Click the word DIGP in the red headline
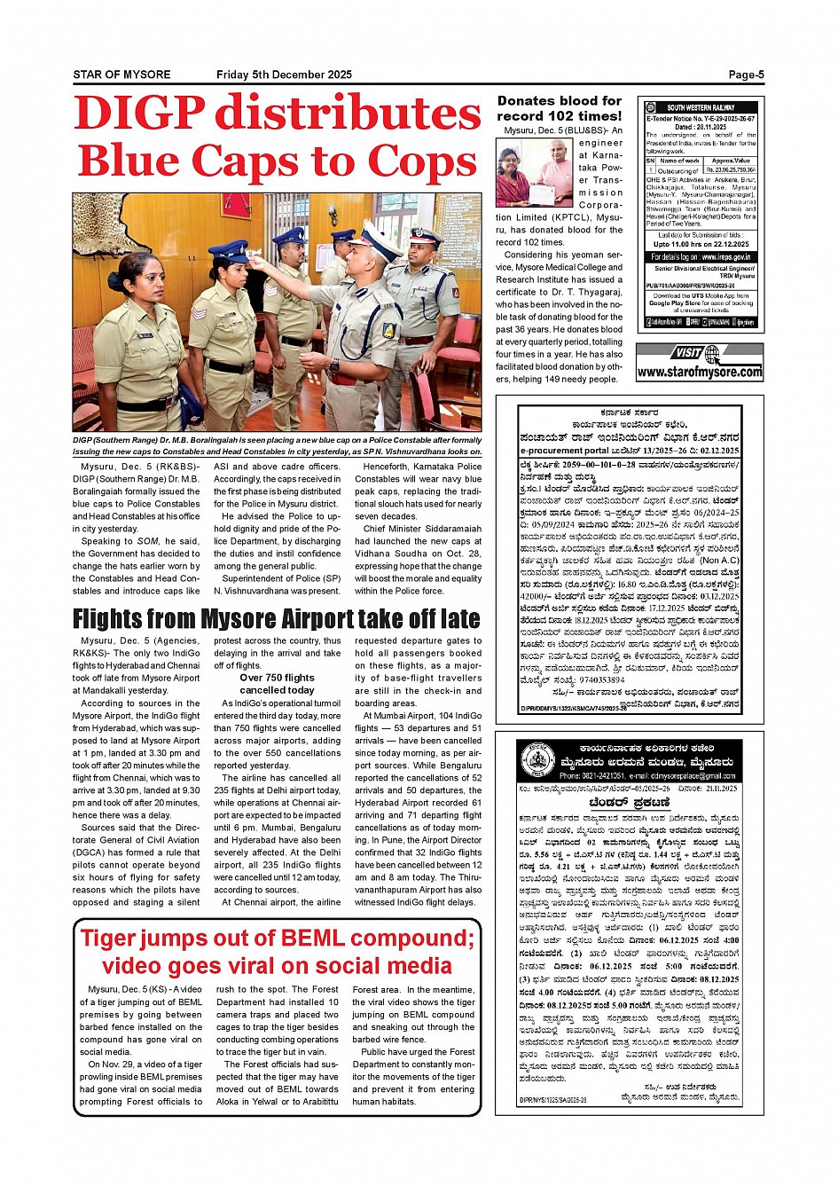point(139,114)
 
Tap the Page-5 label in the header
point(746,75)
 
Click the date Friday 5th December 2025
point(284,75)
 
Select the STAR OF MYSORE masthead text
point(121,75)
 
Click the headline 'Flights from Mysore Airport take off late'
point(277,618)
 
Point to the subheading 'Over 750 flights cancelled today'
point(277,684)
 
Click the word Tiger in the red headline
point(114,939)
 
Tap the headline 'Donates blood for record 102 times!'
point(560,108)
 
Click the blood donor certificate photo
point(534,173)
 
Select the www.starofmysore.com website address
point(700,373)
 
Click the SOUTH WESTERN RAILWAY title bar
point(701,107)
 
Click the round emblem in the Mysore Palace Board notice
point(537,760)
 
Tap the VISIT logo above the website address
point(688,352)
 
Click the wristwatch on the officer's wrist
point(333,365)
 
